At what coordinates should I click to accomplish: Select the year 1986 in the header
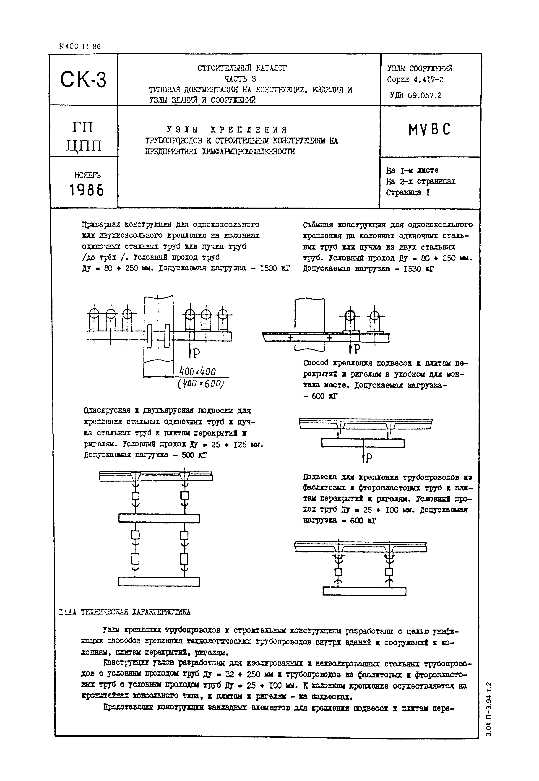click(x=87, y=190)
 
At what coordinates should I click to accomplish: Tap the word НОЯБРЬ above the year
click(x=87, y=175)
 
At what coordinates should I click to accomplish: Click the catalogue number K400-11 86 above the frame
click(x=80, y=47)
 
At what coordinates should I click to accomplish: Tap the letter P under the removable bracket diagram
click(x=357, y=349)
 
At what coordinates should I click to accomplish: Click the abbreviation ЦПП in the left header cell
click(x=84, y=146)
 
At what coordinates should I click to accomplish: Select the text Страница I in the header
click(x=408, y=193)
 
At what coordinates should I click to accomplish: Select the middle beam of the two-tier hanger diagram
click(x=159, y=518)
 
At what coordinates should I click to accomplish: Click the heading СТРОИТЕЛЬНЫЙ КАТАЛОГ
click(x=242, y=68)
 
